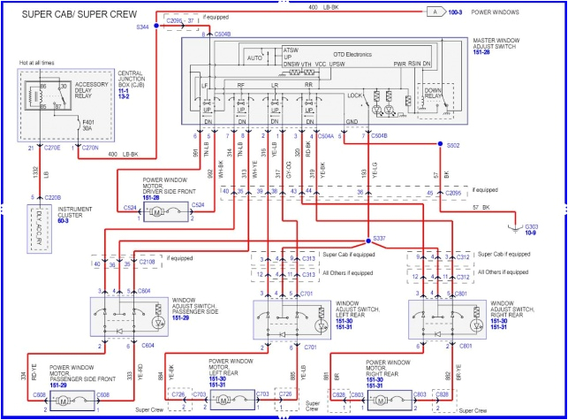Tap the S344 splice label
click(143, 28)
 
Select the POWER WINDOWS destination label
click(519, 11)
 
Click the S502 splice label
click(453, 144)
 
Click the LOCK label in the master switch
click(353, 95)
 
